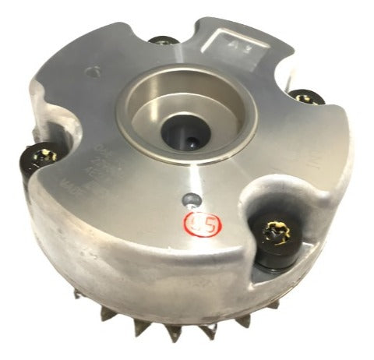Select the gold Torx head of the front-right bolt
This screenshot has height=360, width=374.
pyautogui.click(x=273, y=231)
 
